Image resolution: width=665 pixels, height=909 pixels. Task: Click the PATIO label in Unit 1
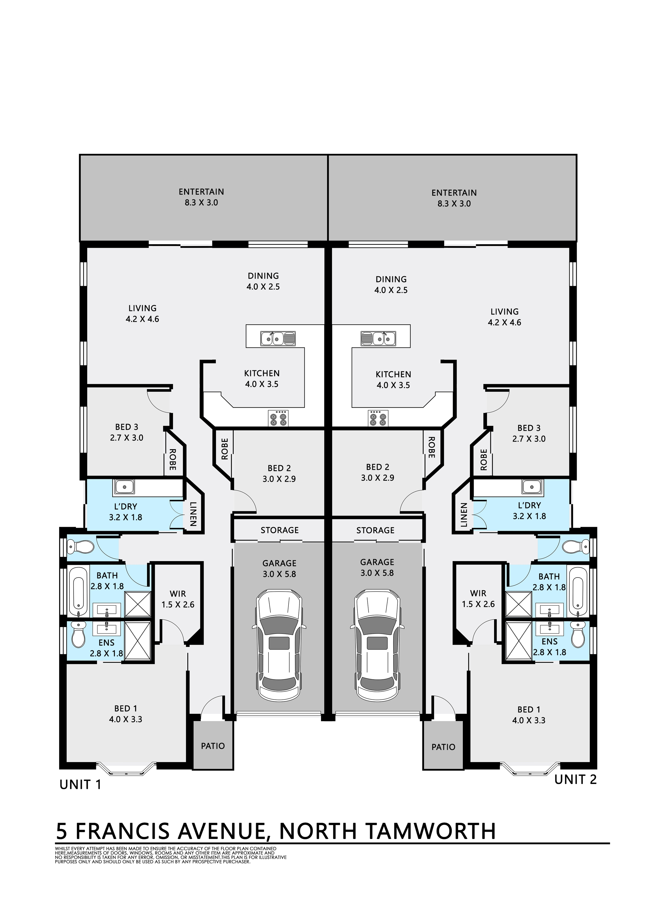[x=213, y=746]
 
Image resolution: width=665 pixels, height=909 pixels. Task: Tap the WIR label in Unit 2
[x=478, y=593]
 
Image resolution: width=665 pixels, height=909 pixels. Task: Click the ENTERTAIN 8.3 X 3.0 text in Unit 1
[x=201, y=197]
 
